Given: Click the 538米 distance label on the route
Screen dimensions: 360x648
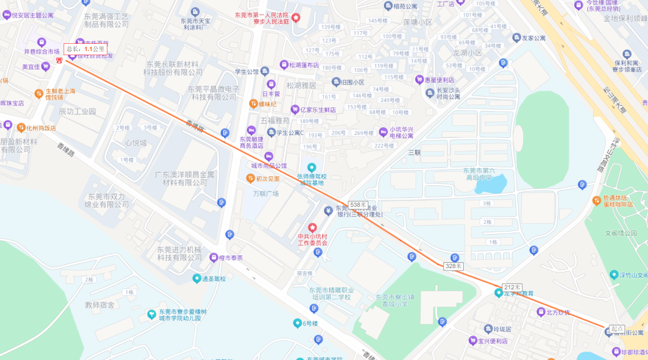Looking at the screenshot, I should [x=358, y=205].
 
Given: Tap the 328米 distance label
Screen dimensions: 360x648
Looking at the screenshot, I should [x=454, y=266].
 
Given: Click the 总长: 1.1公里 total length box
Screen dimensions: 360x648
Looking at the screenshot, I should [x=85, y=49].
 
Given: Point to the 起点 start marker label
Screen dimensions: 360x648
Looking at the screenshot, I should [x=617, y=329].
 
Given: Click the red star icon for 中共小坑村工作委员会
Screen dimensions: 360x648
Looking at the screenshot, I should [x=312, y=228].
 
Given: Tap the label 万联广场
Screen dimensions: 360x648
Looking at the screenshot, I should [x=266, y=193].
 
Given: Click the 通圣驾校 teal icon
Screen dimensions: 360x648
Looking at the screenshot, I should [x=197, y=278].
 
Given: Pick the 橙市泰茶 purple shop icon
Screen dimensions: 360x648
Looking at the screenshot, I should [x=214, y=257].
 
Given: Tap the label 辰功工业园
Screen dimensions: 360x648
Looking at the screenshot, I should [x=77, y=112].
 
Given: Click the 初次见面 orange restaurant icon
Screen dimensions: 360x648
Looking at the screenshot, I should [x=250, y=178].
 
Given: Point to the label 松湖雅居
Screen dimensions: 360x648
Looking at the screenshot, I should [x=302, y=85].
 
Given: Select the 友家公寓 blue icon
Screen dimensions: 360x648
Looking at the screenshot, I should [x=516, y=38].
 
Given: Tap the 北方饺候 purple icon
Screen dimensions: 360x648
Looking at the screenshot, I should [x=541, y=311].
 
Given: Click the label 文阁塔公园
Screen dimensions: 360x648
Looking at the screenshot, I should [x=620, y=233].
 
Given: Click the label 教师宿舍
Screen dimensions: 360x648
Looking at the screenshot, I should [x=100, y=305].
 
